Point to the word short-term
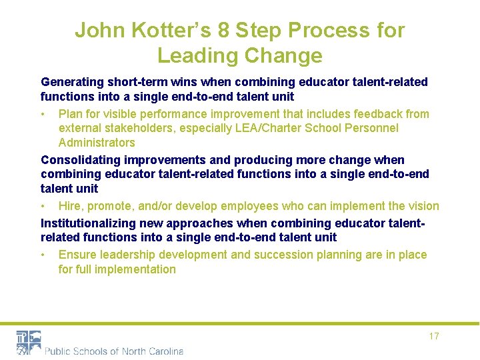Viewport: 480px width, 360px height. point(135,82)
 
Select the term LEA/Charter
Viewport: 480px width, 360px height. point(265,128)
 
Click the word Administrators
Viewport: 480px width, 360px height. point(97,143)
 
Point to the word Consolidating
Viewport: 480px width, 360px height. point(79,160)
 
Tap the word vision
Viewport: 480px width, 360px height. point(423,206)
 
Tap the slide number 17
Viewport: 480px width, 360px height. point(434,336)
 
